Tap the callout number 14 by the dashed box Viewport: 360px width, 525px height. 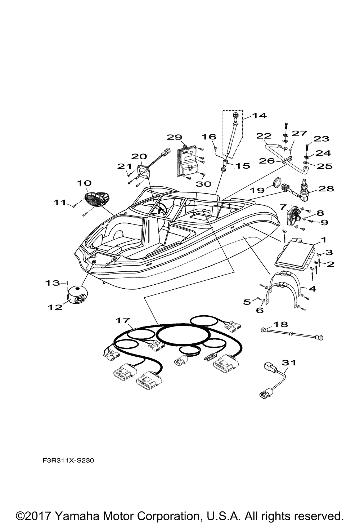click(x=259, y=116)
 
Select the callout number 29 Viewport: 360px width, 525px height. click(x=175, y=137)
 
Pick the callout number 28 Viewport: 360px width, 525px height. click(x=326, y=188)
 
